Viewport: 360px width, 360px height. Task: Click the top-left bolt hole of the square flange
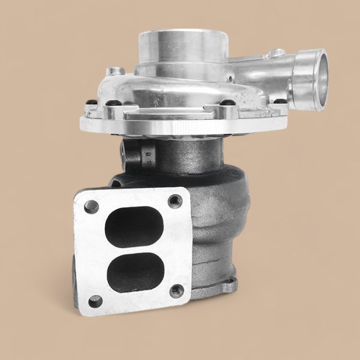(x=92, y=207)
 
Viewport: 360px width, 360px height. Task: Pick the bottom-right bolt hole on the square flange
(x=176, y=291)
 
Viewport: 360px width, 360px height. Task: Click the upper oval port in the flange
(x=134, y=226)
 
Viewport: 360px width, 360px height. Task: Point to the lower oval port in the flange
(x=137, y=271)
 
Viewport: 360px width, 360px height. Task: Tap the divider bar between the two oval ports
(x=136, y=249)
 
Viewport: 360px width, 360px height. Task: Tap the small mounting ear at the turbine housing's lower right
(x=231, y=282)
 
